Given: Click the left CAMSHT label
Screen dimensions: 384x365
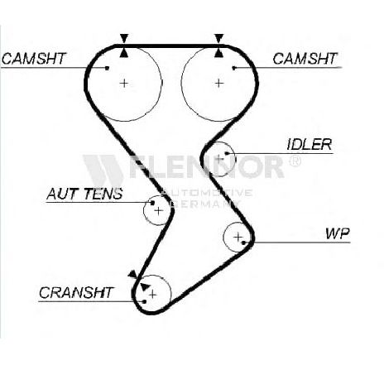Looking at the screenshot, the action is click(34, 59).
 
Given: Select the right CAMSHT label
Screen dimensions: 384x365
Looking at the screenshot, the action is click(305, 59).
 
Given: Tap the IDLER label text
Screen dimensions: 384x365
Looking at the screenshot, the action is click(309, 144).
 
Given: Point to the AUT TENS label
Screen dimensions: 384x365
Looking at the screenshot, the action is click(84, 194).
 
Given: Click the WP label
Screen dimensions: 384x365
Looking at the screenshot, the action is click(338, 233).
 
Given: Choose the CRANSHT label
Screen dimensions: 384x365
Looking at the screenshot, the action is click(76, 292).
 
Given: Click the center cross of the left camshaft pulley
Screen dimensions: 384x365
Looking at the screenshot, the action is click(124, 83).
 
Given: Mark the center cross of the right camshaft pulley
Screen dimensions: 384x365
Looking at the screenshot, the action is click(218, 83).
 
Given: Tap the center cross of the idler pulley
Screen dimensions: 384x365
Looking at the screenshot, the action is click(219, 159).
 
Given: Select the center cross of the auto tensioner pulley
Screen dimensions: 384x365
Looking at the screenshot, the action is click(158, 211).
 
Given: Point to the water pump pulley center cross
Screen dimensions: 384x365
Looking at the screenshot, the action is click(238, 237).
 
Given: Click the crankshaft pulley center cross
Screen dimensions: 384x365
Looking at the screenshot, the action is click(152, 295).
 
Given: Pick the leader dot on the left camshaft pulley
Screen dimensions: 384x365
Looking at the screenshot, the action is click(108, 68).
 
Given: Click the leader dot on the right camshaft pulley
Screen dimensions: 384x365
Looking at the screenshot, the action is click(234, 68).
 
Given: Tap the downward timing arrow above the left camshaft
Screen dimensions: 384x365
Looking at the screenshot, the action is click(124, 38).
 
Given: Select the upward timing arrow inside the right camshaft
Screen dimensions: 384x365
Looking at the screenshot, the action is click(218, 53).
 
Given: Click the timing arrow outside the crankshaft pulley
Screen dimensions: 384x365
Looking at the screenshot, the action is click(132, 274).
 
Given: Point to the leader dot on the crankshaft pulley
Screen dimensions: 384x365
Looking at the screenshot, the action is click(144, 301).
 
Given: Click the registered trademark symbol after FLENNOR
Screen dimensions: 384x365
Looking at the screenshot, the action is click(295, 161).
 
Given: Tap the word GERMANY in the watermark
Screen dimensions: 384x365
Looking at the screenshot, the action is click(208, 204).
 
